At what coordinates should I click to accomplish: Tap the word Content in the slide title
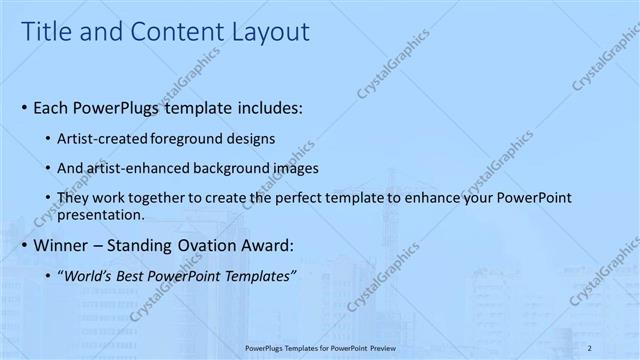pyautogui.click(x=163, y=32)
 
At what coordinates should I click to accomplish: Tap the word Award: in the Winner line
pyautogui.click(x=273, y=245)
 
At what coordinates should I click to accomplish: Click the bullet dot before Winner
pyautogui.click(x=24, y=246)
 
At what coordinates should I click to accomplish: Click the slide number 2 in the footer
pyautogui.click(x=590, y=347)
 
